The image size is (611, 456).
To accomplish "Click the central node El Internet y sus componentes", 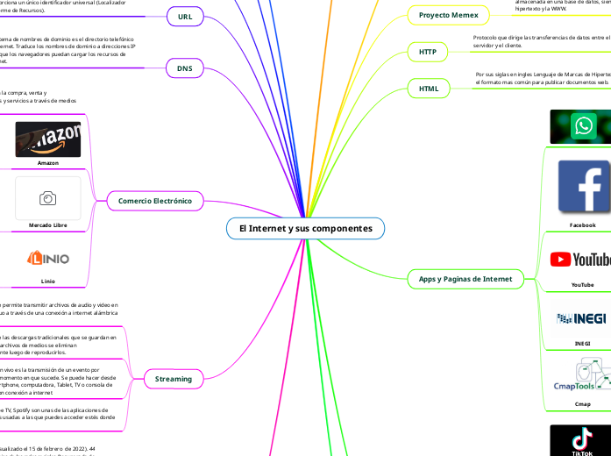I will [305, 229].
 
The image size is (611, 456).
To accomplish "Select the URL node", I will [185, 17].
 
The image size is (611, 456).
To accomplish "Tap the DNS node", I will [185, 68].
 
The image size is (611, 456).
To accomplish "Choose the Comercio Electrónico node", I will [155, 202].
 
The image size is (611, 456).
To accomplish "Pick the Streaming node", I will [173, 379].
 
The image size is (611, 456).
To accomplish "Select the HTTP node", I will [428, 52].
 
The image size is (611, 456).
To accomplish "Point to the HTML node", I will [429, 89].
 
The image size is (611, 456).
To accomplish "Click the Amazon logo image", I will [48, 139].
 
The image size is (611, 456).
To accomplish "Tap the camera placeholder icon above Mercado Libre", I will [48, 198].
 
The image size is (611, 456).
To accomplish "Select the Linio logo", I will [48, 258].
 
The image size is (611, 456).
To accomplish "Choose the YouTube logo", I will [582, 259].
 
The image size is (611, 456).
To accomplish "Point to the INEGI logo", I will [582, 318].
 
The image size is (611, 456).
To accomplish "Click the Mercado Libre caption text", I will [48, 226].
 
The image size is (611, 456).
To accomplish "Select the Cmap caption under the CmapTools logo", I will [582, 404].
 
